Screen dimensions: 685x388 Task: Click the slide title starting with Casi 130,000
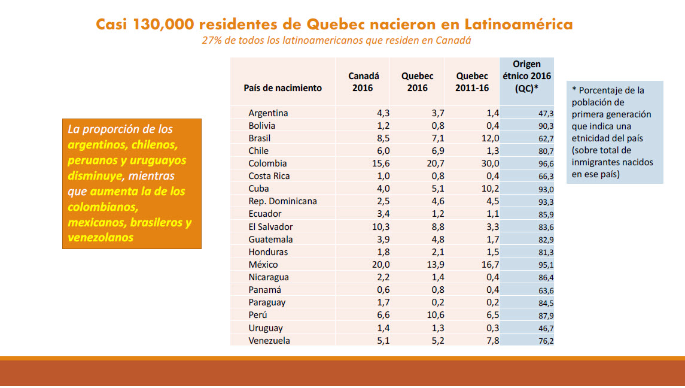(x=334, y=24)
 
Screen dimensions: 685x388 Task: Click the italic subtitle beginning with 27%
(x=336, y=40)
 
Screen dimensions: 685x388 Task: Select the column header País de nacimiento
(x=282, y=88)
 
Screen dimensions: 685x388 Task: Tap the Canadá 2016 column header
(x=363, y=82)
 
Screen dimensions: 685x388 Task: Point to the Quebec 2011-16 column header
(x=472, y=82)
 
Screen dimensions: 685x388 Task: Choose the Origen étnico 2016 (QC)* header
(x=526, y=76)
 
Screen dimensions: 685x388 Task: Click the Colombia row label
(x=267, y=163)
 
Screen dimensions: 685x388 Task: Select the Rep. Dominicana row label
(x=282, y=201)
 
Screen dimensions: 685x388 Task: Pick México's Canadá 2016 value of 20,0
(x=380, y=265)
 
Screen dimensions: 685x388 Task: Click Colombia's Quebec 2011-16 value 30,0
(x=490, y=163)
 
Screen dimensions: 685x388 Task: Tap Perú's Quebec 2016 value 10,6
(x=435, y=315)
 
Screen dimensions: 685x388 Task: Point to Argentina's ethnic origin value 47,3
(x=546, y=114)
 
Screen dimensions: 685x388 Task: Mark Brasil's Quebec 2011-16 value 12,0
(x=490, y=138)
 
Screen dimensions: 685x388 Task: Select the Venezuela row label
(x=269, y=341)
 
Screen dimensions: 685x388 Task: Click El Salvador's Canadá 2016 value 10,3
(x=380, y=227)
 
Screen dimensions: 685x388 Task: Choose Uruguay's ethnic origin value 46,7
(x=546, y=329)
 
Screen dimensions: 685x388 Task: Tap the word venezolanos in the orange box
(x=101, y=238)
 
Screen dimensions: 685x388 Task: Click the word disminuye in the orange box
(x=95, y=176)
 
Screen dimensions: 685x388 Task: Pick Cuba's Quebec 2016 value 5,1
(x=438, y=189)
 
